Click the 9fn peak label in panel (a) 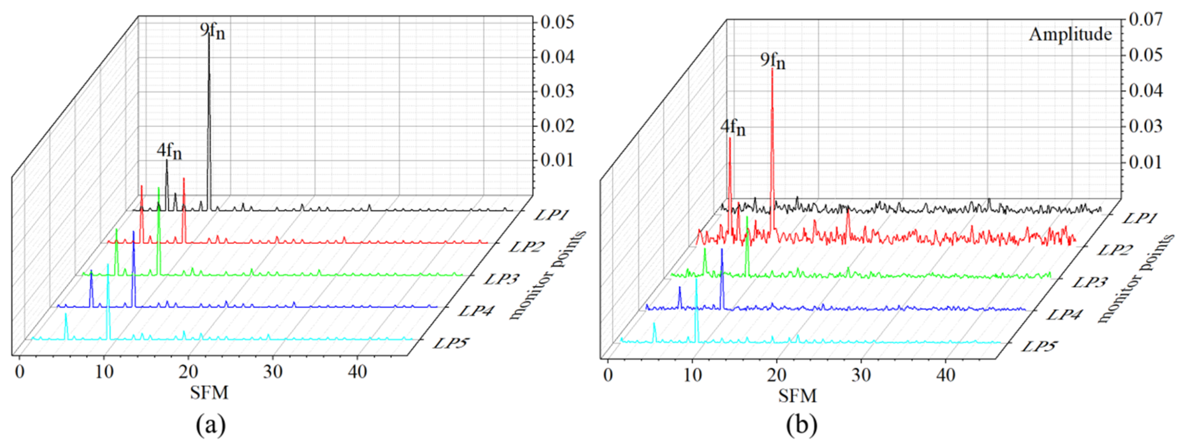(x=213, y=31)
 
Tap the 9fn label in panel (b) (x=773, y=61)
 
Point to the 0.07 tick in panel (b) (x=1146, y=20)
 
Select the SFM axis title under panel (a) (x=210, y=393)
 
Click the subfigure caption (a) (x=211, y=426)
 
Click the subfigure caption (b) (x=802, y=426)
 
